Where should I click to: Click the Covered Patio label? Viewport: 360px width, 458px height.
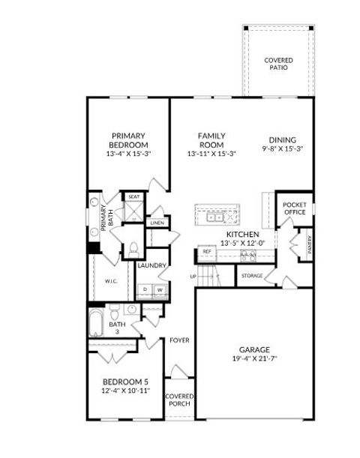pyautogui.click(x=278, y=64)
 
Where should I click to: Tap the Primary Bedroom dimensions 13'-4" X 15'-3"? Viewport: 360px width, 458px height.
pyautogui.click(x=127, y=154)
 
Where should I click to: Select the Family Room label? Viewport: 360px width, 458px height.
pyautogui.click(x=211, y=140)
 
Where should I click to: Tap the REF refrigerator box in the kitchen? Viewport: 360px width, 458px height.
pyautogui.click(x=207, y=252)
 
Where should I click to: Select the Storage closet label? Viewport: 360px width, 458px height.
pyautogui.click(x=251, y=276)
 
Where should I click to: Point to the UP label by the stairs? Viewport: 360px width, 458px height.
pyautogui.click(x=193, y=276)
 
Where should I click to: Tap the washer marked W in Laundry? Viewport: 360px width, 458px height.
pyautogui.click(x=159, y=290)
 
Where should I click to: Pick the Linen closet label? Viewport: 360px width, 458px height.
pyautogui.click(x=157, y=223)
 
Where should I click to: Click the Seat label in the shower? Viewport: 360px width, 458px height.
pyautogui.click(x=133, y=197)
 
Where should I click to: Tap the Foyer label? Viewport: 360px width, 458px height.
pyautogui.click(x=178, y=340)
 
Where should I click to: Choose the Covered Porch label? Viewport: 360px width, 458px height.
pyautogui.click(x=179, y=400)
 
